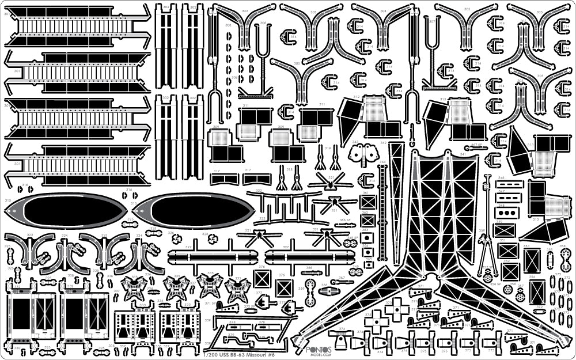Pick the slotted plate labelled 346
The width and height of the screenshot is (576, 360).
(x=509, y=184)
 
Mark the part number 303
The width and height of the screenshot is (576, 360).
(x=245, y=11)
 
